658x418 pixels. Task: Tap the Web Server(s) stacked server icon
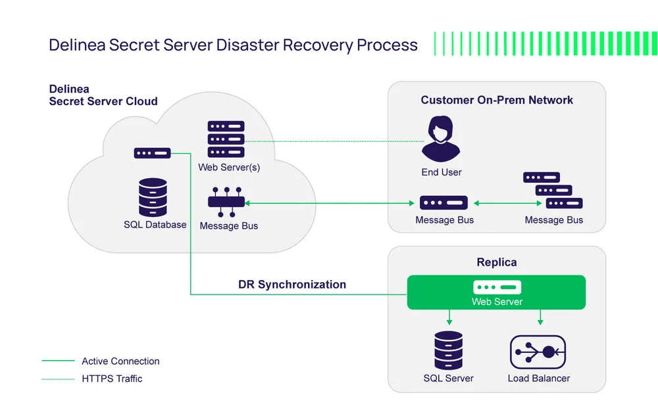(226, 139)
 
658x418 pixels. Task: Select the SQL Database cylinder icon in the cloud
(153, 197)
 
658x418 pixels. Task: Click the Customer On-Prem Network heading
(497, 100)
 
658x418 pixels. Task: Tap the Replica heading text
(497, 262)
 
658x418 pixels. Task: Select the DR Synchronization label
(292, 285)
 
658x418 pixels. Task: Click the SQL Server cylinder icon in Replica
(448, 350)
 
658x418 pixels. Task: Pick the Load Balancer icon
(538, 352)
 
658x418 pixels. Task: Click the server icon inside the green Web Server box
(497, 287)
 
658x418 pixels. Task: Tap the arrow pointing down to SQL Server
(449, 317)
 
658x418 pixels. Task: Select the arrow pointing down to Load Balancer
(540, 317)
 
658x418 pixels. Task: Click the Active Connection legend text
(120, 361)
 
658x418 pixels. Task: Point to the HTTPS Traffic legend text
(112, 379)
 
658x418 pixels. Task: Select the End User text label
(442, 172)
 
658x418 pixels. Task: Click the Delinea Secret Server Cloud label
(103, 95)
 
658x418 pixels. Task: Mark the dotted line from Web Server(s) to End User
(336, 141)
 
